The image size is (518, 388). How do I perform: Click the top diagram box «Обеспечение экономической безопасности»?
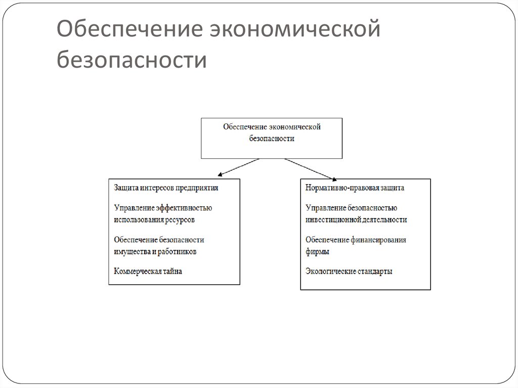[272, 138]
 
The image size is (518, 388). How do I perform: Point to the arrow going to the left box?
[240, 167]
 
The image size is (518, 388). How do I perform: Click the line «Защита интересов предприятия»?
[166, 188]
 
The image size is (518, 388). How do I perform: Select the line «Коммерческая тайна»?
[148, 271]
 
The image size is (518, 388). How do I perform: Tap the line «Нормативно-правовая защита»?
[355, 188]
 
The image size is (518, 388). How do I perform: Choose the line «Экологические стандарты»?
[349, 271]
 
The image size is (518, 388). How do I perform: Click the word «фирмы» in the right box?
[318, 251]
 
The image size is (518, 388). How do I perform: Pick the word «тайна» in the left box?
[171, 271]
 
